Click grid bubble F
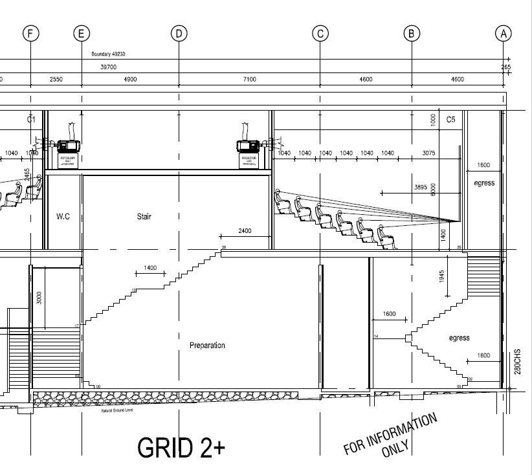(30, 33)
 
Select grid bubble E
(81, 33)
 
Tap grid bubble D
(179, 33)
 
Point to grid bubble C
(320, 33)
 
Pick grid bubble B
(412, 33)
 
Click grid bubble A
(503, 33)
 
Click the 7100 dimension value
(249, 80)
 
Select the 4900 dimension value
(130, 80)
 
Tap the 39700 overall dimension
(108, 67)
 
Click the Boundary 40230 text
(108, 54)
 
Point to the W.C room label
(63, 216)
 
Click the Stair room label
(144, 216)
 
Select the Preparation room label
(207, 346)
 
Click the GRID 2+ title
(181, 448)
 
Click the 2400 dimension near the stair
(245, 231)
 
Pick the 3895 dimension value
(421, 188)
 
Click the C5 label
(451, 120)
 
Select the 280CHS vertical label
(517, 362)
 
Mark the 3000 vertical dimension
(39, 298)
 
